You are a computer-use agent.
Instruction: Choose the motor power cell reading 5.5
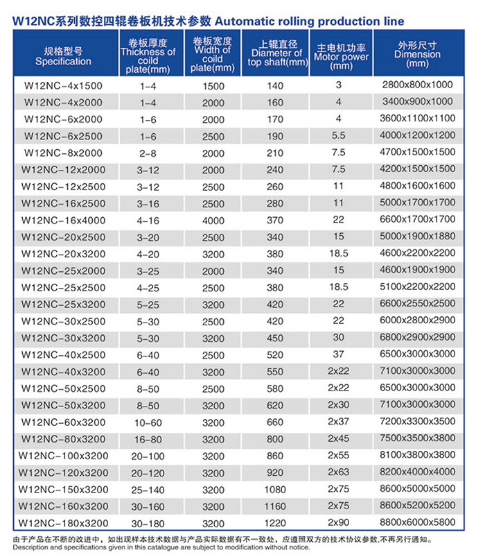click(x=339, y=136)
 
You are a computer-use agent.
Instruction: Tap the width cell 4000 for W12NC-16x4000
click(x=213, y=220)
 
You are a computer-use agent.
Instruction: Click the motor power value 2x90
click(x=339, y=522)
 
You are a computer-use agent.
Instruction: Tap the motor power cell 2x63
click(x=339, y=472)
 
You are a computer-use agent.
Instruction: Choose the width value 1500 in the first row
click(x=213, y=85)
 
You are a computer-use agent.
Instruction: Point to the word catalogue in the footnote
click(x=204, y=547)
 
